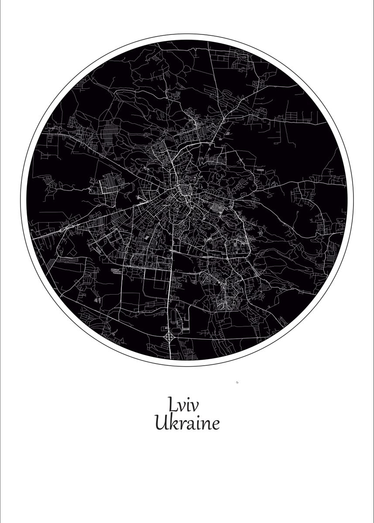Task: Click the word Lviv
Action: coord(183,405)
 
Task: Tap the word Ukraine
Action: coord(187,423)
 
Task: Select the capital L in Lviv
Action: coord(172,404)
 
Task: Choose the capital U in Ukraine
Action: coord(161,423)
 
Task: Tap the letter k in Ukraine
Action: coord(172,423)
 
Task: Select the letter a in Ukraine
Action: coord(187,425)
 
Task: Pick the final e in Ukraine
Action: coord(214,425)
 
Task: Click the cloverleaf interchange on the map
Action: coord(169,337)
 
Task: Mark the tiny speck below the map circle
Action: coord(237,383)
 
